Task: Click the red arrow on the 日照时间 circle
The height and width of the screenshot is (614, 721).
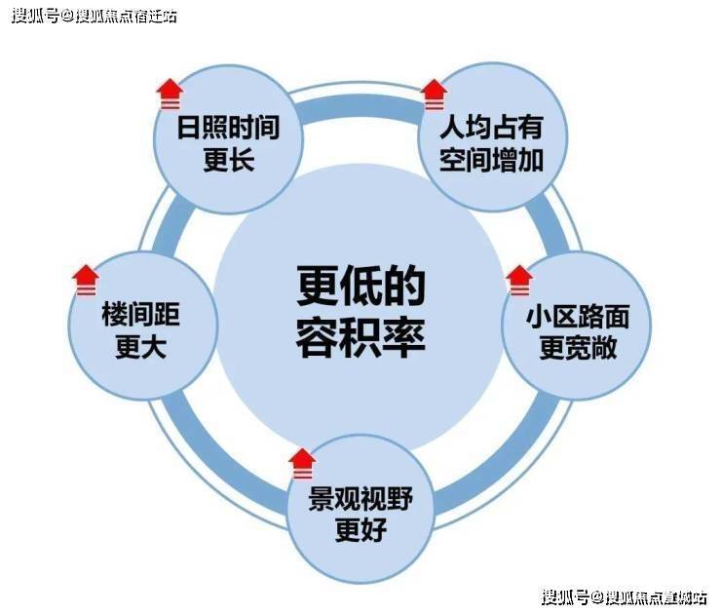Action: (x=170, y=94)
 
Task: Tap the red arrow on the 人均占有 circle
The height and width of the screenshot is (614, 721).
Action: (x=434, y=95)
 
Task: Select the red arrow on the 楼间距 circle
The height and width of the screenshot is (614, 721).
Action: (x=86, y=280)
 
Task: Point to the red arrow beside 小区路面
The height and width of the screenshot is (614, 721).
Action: (x=519, y=280)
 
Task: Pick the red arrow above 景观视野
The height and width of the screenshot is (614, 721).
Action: (x=302, y=463)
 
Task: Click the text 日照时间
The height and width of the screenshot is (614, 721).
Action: (x=229, y=128)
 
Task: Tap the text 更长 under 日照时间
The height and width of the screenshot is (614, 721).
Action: (x=229, y=160)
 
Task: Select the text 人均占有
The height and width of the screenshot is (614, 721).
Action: (x=492, y=128)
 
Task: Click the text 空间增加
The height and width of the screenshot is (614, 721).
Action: (x=492, y=160)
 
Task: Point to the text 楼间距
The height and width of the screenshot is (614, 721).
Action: (x=140, y=315)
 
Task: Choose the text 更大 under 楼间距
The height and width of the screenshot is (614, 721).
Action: (x=140, y=347)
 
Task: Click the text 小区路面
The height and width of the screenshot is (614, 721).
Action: (x=578, y=317)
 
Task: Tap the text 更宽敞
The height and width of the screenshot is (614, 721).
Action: (x=578, y=348)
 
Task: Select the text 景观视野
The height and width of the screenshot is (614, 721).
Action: (x=360, y=499)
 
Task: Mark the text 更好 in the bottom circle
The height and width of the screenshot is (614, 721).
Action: (x=360, y=530)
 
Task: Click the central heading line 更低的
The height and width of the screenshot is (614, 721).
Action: (x=360, y=286)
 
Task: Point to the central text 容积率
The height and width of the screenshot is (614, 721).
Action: (x=360, y=337)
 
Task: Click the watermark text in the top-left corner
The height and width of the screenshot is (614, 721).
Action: (x=95, y=17)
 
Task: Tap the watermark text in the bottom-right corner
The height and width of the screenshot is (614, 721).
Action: (x=625, y=597)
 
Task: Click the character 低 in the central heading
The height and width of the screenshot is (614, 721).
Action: (x=360, y=286)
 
